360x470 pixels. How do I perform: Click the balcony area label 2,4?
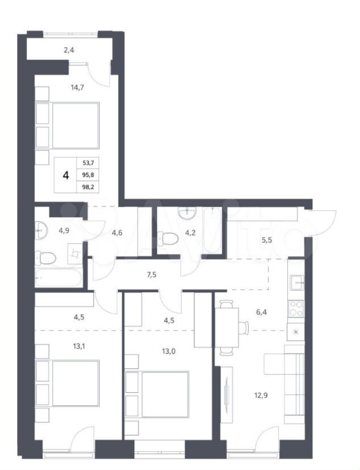(69, 50)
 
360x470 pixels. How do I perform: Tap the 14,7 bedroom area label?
(77, 88)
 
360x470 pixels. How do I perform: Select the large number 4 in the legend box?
(66, 175)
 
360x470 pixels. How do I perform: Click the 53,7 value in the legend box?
(88, 163)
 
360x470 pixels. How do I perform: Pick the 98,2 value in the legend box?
(88, 186)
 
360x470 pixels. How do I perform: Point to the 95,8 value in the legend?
(88, 174)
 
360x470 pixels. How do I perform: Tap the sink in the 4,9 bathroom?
(41, 231)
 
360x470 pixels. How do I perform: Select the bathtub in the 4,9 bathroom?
(58, 277)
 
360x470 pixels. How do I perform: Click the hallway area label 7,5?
(152, 274)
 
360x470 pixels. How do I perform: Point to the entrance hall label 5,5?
(266, 240)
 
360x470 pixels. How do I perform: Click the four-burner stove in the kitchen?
(296, 309)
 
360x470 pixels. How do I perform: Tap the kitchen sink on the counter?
(297, 282)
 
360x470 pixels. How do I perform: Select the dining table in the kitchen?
(227, 327)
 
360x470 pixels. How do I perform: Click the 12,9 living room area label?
(261, 396)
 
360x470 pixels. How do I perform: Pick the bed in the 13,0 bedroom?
(157, 394)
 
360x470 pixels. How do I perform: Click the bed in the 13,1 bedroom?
(67, 384)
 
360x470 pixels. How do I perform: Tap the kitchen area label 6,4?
(261, 312)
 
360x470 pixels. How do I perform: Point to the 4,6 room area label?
(117, 232)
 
